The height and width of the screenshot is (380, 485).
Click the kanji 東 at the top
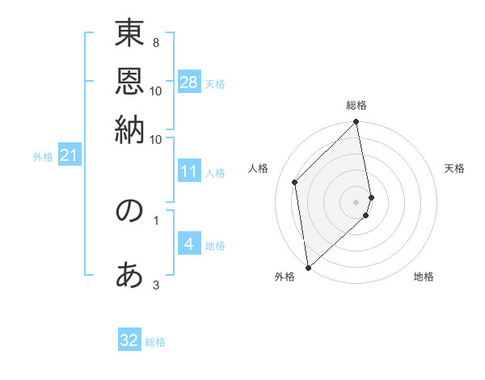129,35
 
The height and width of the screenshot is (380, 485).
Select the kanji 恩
129,82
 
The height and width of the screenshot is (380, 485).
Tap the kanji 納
129,129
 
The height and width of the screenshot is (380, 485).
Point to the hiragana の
129,211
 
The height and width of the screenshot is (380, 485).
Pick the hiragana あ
129,275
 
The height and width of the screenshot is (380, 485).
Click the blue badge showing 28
189,82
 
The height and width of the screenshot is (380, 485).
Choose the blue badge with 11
189,171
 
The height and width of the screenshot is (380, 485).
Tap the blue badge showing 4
189,244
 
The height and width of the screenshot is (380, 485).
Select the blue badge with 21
68,155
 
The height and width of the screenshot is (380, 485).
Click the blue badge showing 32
129,340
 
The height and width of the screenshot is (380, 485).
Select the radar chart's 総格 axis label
356,105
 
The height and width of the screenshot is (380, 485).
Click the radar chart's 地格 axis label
424,277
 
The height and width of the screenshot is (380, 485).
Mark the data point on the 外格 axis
308,267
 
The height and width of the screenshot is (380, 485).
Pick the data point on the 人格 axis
295,182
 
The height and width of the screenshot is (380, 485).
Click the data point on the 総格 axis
356,123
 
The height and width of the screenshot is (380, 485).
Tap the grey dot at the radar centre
356,201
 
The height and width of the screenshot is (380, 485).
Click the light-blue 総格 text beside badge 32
155,342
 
